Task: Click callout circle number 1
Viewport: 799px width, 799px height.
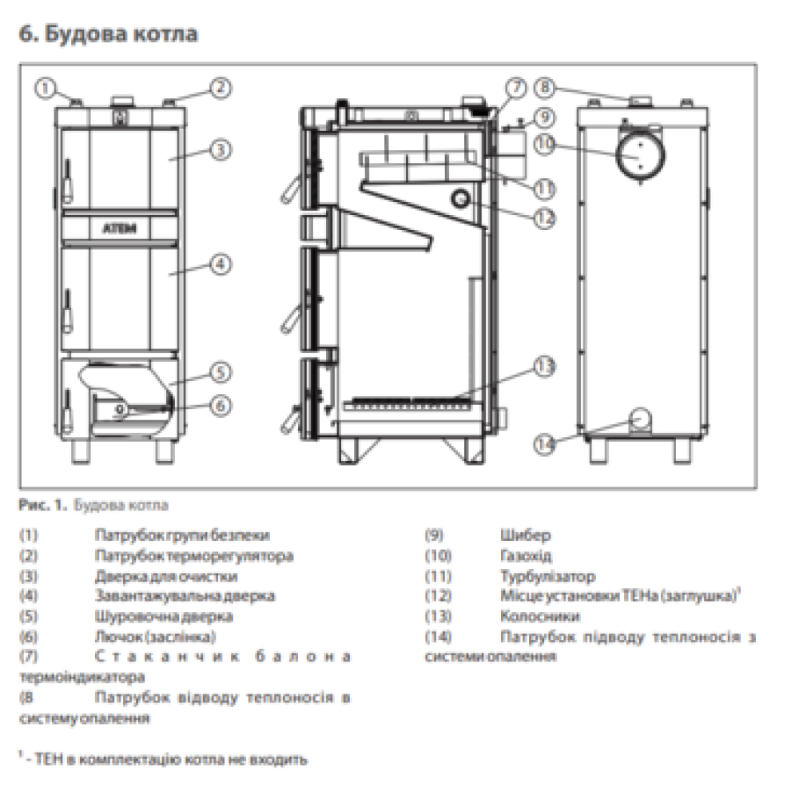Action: [45, 88]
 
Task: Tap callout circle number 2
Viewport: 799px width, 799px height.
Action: [221, 88]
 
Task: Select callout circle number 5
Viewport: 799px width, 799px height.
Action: [221, 372]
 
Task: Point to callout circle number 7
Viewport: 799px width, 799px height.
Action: [517, 88]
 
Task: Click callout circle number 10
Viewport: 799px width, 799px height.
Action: [545, 144]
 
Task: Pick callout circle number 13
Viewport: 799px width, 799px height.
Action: [545, 367]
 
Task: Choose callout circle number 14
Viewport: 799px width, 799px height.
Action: [545, 444]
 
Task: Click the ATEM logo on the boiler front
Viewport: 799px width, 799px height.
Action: [120, 228]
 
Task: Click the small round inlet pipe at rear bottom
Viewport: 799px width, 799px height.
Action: [640, 419]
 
